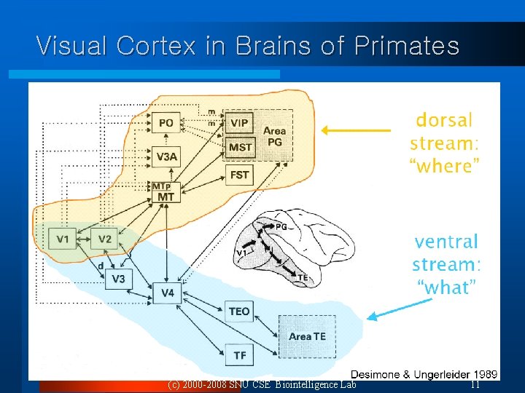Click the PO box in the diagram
(x=166, y=123)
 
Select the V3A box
(x=166, y=156)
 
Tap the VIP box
(x=239, y=123)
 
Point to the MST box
(x=240, y=147)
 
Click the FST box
(x=240, y=175)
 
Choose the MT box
(x=166, y=196)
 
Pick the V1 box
(x=63, y=239)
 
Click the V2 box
(x=105, y=239)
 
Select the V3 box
(x=119, y=279)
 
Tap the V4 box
(x=168, y=293)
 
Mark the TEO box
(x=239, y=311)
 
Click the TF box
(x=239, y=355)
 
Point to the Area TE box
(x=307, y=336)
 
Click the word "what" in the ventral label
(x=447, y=287)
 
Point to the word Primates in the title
(x=407, y=46)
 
